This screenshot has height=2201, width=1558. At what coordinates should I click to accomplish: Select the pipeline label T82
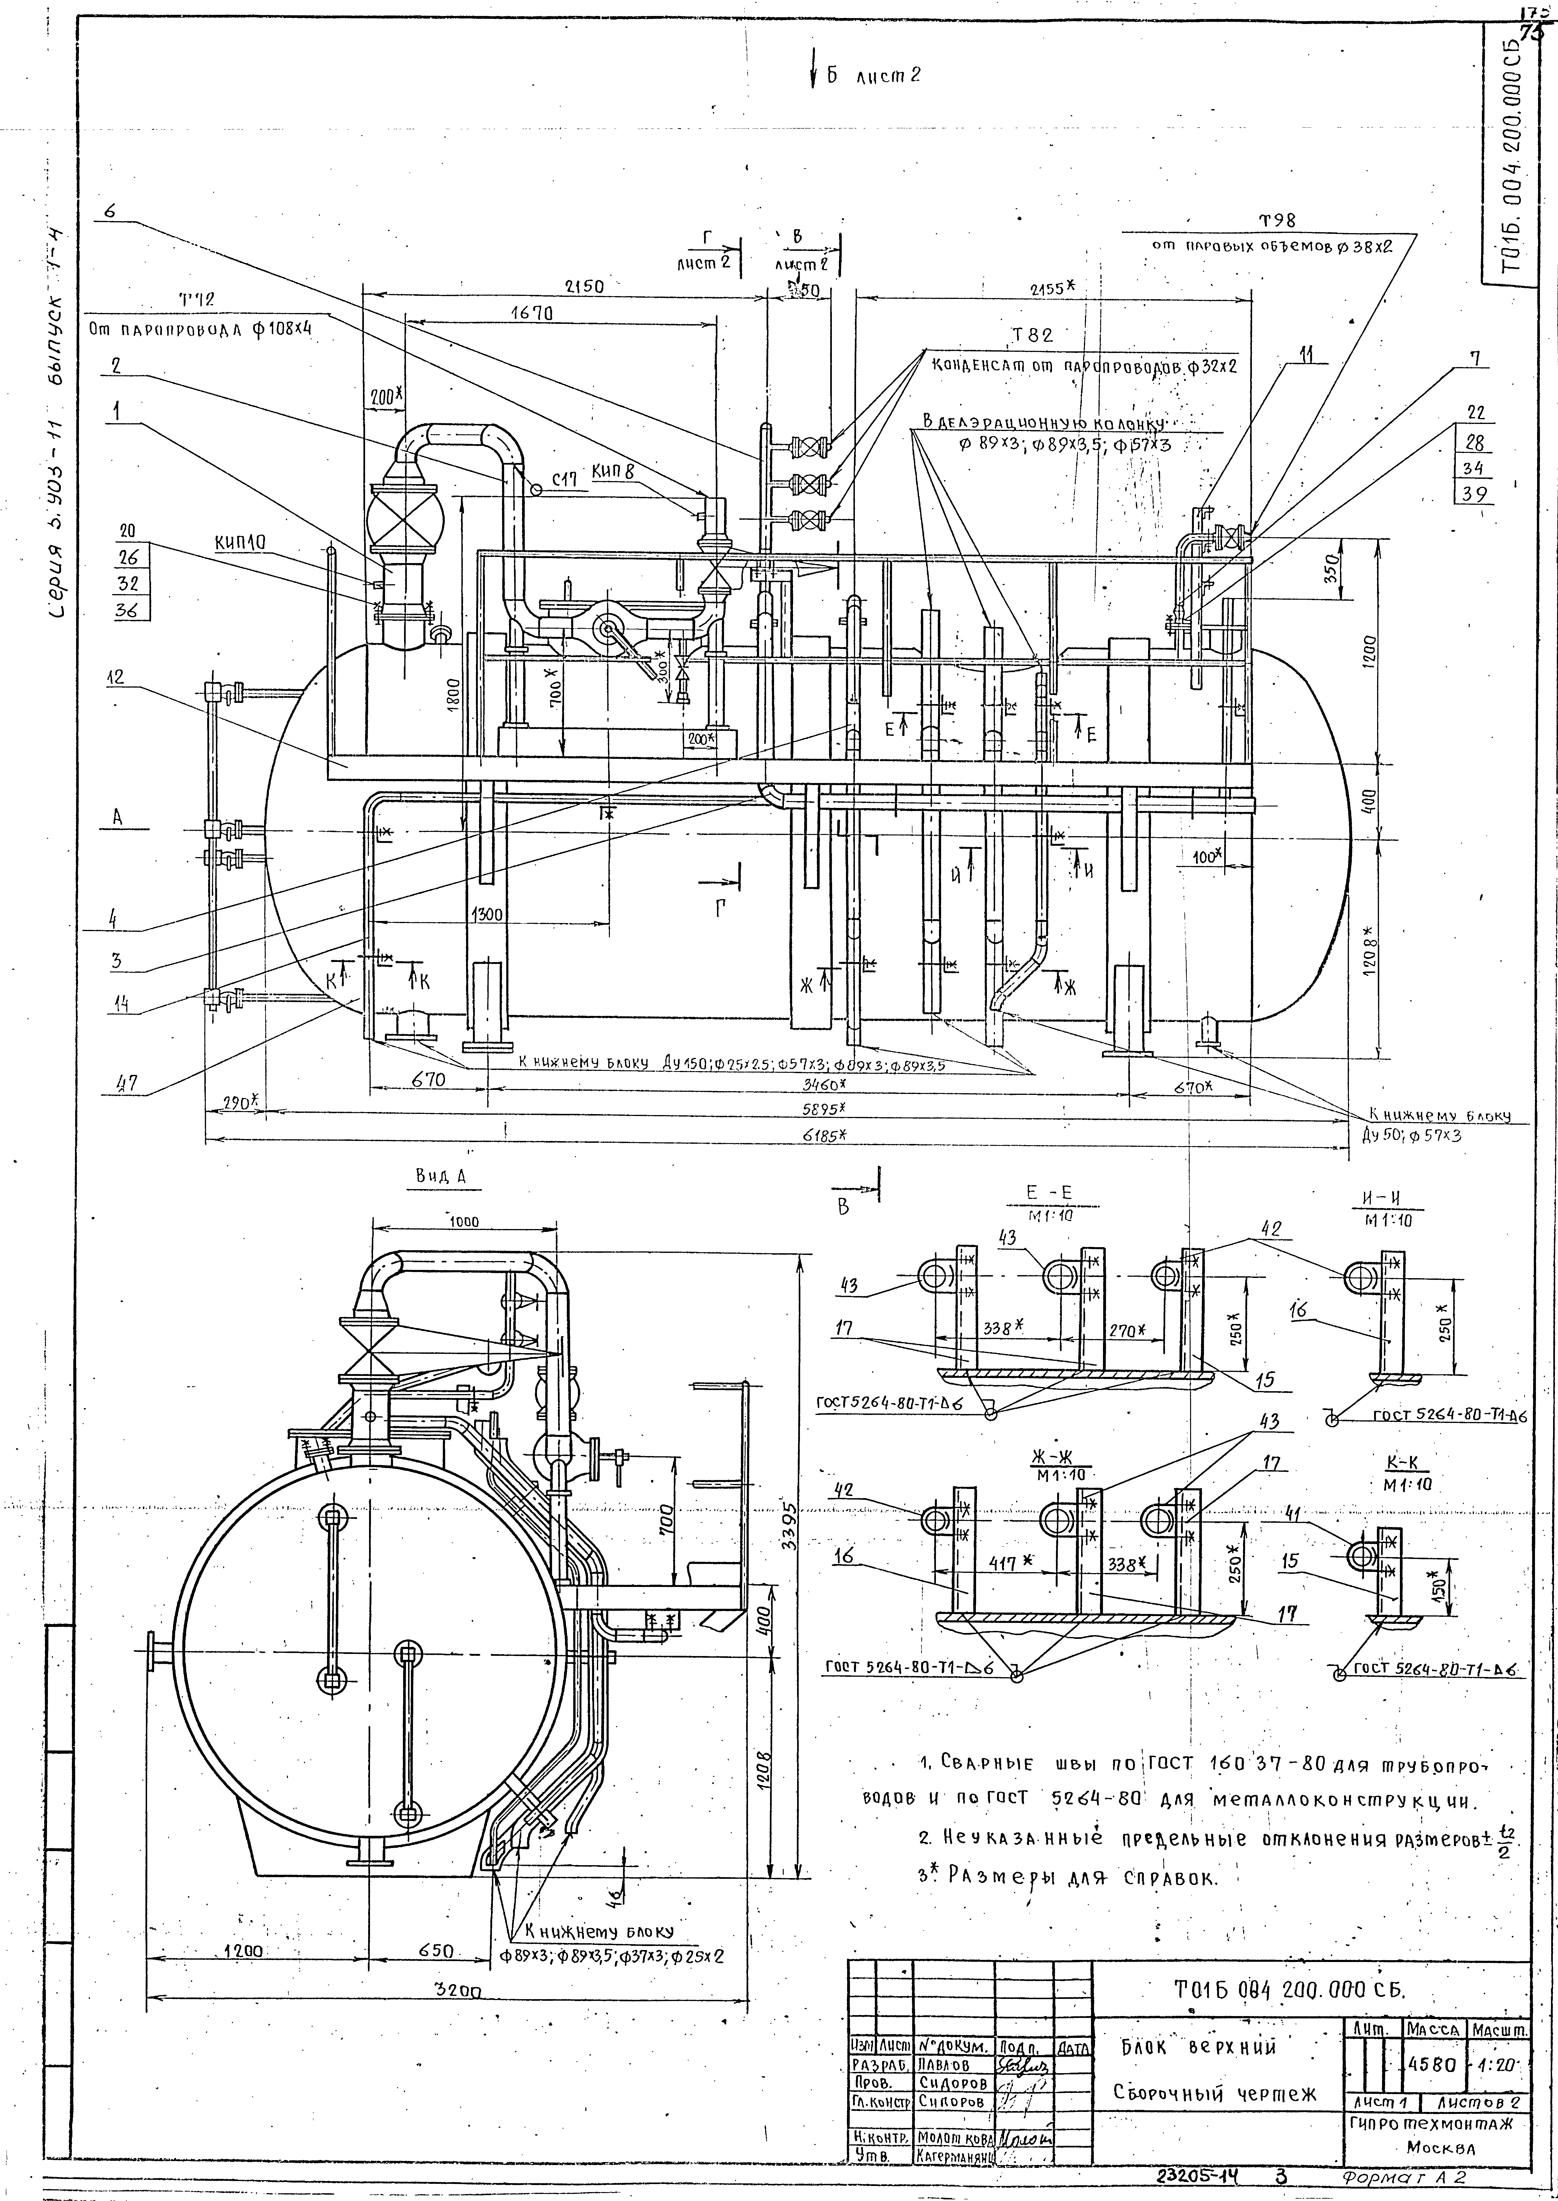click(x=1032, y=336)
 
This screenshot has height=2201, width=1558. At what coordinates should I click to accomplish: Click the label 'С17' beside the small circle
click(x=564, y=481)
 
